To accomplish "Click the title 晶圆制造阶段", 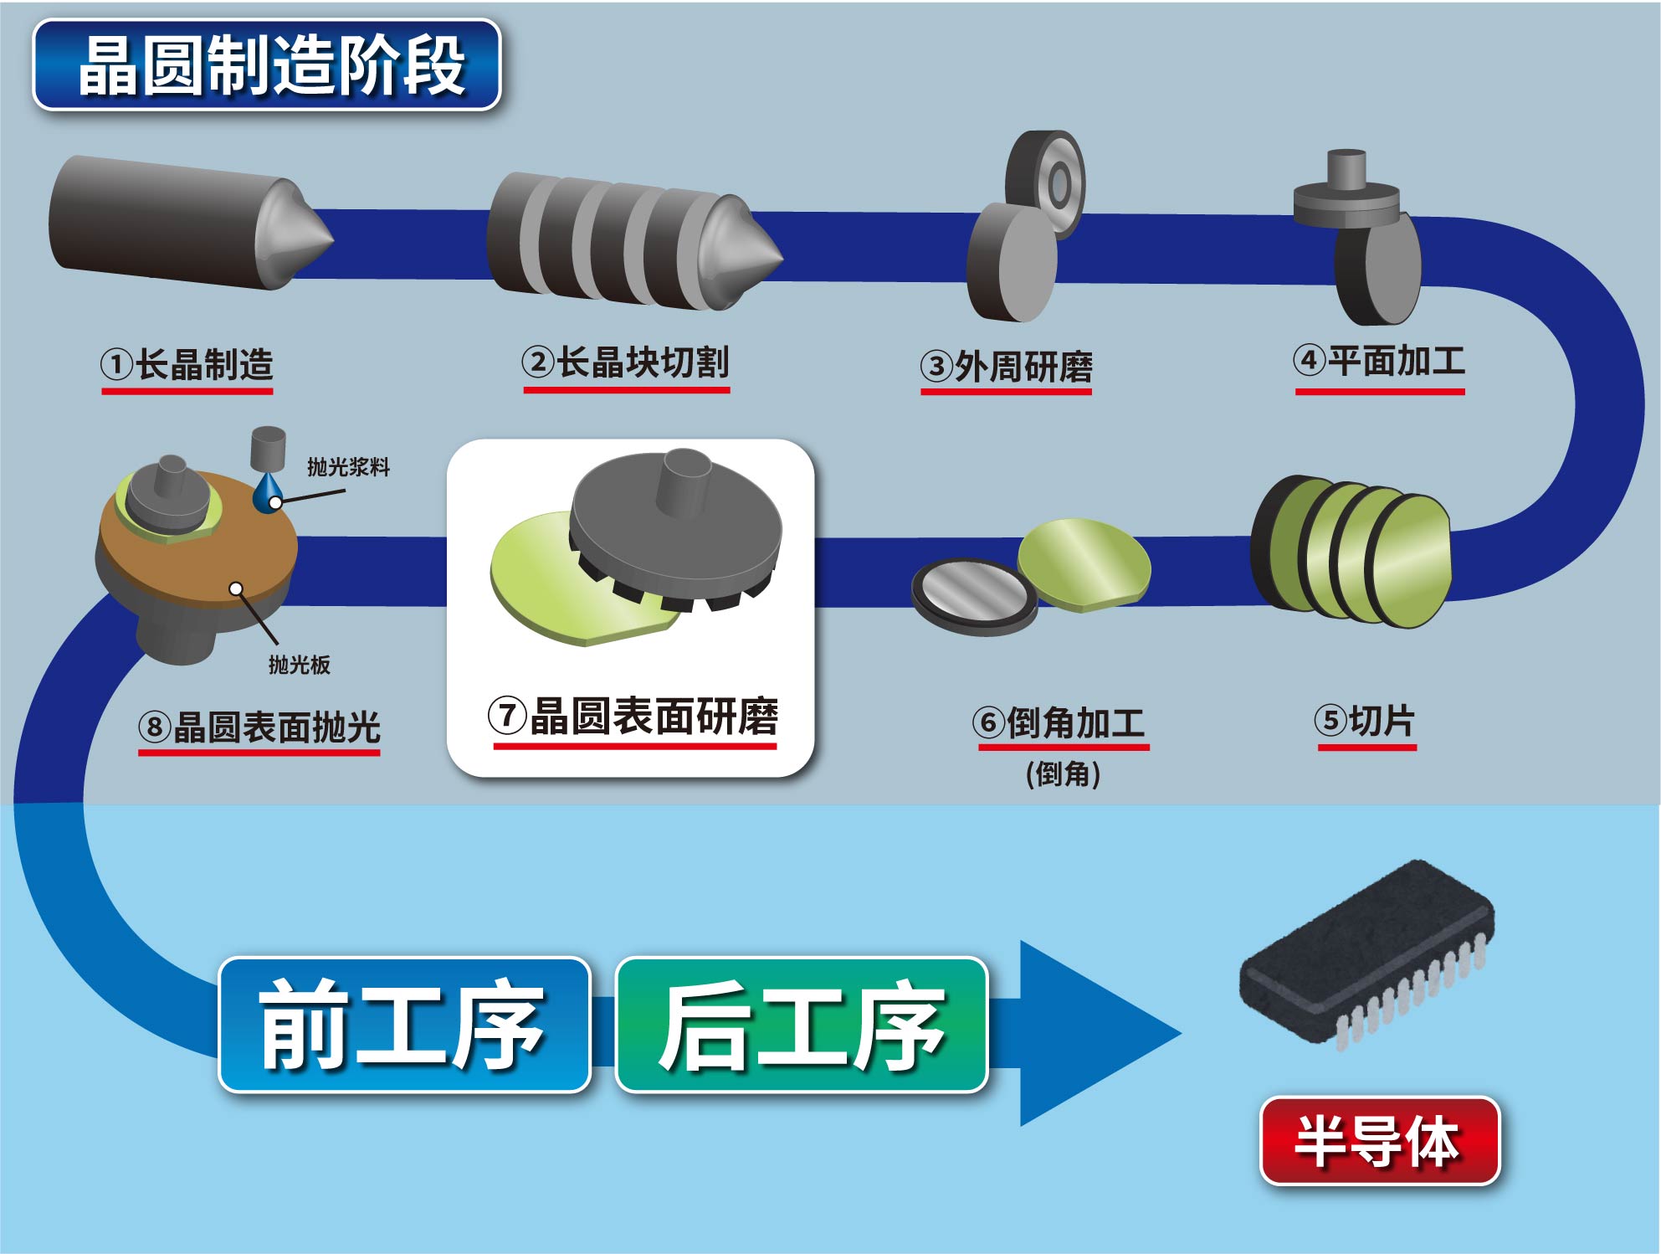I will point(266,65).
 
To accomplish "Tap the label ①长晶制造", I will point(187,365).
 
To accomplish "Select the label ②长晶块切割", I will point(626,363).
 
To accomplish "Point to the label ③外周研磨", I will point(1007,367).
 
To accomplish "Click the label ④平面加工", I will point(1380,362).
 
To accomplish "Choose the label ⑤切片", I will point(1366,721).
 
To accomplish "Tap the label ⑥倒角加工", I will point(1060,722).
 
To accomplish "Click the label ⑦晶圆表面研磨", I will point(634,717).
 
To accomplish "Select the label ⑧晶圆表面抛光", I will point(259,727).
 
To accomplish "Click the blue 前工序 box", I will point(404,1025).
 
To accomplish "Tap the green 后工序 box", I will point(802,1025).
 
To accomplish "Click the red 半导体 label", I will point(1379,1140).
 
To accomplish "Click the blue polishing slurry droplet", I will point(269,495).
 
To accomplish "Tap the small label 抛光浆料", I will point(349,467).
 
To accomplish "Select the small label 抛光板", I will point(299,665).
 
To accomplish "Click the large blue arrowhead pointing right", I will point(1088,1034).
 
